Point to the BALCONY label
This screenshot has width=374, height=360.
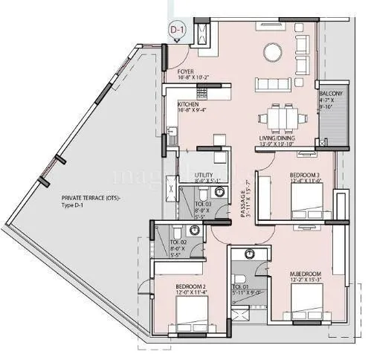pyautogui.click(x=331, y=94)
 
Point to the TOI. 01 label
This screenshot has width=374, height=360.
pyautogui.click(x=239, y=286)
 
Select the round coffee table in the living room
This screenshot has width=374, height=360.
pyautogui.click(x=271, y=54)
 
